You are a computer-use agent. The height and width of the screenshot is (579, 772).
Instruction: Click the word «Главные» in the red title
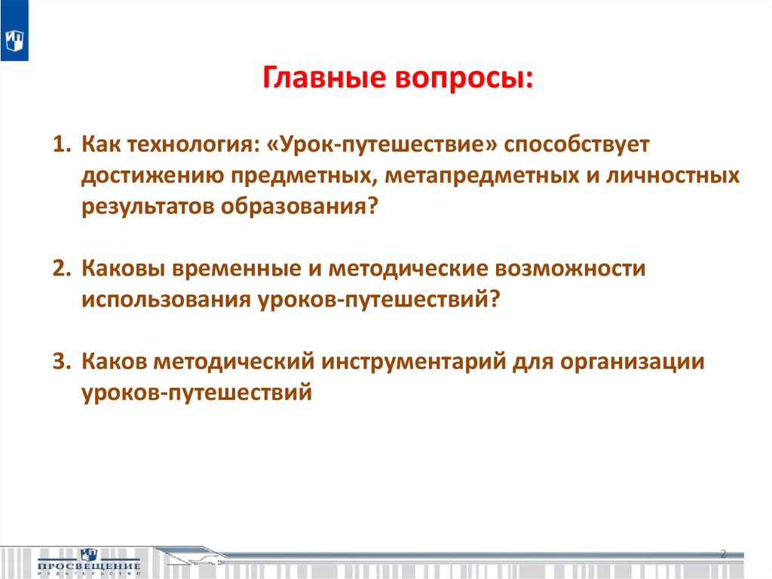tap(323, 78)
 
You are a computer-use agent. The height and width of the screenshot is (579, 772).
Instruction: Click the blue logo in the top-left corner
tap(14, 31)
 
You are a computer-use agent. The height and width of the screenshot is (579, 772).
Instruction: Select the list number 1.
tap(62, 144)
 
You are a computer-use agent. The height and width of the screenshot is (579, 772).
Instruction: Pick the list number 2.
tap(62, 268)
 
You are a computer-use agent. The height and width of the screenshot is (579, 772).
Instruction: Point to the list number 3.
tap(62, 361)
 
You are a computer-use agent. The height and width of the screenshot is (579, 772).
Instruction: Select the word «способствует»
tap(577, 145)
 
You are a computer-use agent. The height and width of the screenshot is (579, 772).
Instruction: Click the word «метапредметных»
tap(482, 177)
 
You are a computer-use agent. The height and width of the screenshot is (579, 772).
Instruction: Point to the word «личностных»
tap(672, 176)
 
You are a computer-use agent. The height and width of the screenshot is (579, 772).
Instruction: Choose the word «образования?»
tap(299, 207)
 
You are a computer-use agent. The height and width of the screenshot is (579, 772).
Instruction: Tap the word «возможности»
tap(570, 268)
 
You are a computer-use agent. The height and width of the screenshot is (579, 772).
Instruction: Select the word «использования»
tap(167, 300)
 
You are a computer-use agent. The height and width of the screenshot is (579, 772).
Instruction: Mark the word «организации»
tap(633, 362)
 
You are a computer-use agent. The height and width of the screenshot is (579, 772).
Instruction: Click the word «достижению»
tap(152, 177)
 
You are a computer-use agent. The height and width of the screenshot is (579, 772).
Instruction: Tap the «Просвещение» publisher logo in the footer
tap(89, 562)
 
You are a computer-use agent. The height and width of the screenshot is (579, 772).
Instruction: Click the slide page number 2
tap(723, 553)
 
